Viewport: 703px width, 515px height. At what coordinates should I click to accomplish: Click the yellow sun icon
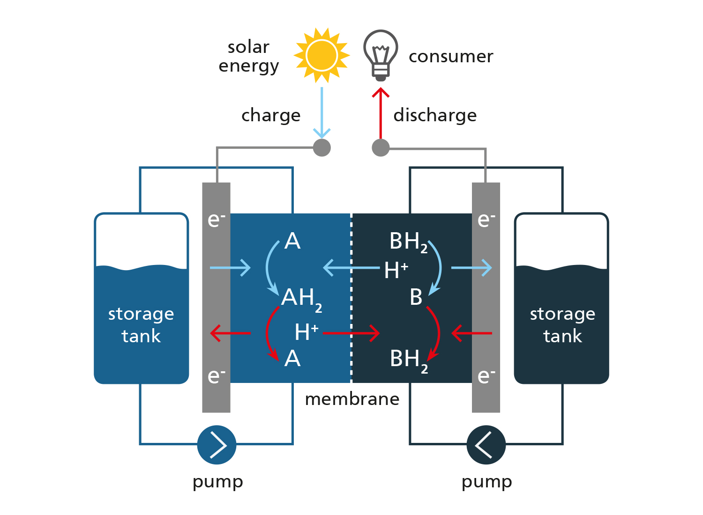tap(322, 56)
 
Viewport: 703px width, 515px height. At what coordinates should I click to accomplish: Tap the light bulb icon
tap(381, 55)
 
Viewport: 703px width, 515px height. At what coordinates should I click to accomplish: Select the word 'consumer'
tap(451, 57)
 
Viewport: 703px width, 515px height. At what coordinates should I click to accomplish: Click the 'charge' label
tap(271, 116)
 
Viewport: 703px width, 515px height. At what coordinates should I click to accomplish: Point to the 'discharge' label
tap(435, 115)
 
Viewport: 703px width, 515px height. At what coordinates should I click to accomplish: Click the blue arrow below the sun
tap(322, 112)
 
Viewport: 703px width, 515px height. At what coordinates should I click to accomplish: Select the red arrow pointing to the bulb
tap(381, 113)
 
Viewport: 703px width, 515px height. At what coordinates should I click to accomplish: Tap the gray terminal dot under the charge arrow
tap(322, 147)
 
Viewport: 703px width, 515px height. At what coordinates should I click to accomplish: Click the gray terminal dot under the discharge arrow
tap(381, 147)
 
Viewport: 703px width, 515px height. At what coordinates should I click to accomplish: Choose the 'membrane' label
tap(352, 399)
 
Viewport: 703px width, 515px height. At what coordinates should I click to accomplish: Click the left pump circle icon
tap(217, 445)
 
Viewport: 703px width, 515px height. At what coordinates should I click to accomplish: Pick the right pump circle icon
tap(486, 445)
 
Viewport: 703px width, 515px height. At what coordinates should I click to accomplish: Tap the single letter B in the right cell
tap(416, 297)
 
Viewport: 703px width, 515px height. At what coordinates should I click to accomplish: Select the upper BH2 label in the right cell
tap(409, 243)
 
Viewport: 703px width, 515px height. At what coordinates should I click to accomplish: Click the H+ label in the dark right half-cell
tap(396, 270)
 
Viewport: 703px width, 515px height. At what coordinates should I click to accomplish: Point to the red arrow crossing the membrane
tap(351, 333)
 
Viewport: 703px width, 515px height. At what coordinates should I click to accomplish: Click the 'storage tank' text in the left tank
tap(141, 325)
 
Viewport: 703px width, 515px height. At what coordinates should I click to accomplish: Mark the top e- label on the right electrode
tap(486, 220)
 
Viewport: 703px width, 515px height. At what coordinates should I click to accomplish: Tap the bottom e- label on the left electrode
tap(216, 376)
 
